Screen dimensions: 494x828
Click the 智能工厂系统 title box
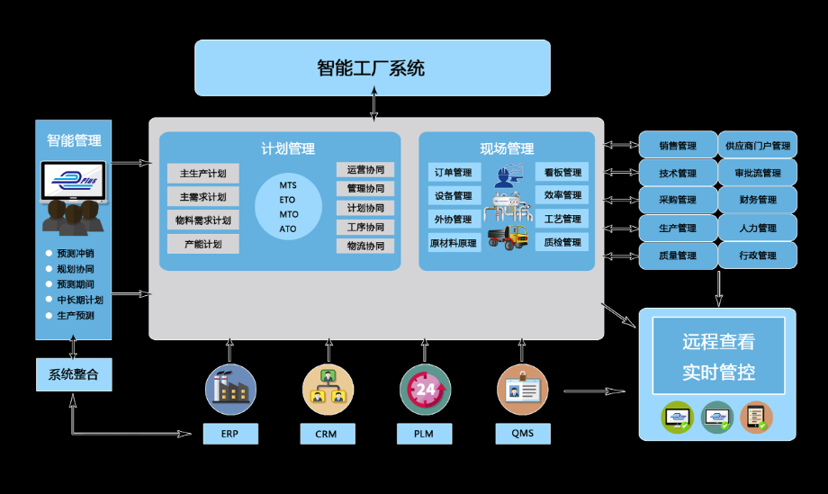372,67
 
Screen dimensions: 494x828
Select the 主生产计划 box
202,174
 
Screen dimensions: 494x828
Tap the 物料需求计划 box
202,220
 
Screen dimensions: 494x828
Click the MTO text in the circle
288,215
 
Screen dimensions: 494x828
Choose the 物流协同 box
365,246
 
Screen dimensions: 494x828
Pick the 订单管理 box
453,173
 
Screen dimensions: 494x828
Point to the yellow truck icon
508,238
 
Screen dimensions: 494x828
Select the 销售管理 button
678,146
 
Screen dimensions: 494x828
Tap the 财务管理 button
757,200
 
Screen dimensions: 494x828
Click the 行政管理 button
757,256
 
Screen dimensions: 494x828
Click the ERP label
230,434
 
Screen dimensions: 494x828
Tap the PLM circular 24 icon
425,390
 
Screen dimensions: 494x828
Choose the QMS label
522,434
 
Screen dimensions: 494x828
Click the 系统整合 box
74,374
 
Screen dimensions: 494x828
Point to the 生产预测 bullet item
75,316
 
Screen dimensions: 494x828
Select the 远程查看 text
717,342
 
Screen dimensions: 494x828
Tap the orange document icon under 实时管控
756,417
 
